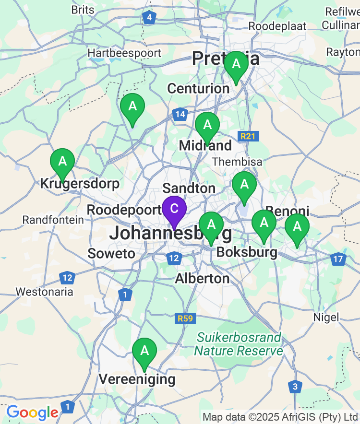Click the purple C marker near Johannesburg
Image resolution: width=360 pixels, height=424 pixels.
coord(174,209)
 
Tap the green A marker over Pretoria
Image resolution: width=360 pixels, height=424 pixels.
coord(236,64)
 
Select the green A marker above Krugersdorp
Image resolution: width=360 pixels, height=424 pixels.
coord(62,162)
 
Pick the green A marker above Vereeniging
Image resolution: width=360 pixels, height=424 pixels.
coord(144,351)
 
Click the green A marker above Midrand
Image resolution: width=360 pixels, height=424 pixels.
coord(207,125)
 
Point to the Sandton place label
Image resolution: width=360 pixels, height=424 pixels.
coord(189,188)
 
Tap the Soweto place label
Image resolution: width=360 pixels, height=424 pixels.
coord(111,253)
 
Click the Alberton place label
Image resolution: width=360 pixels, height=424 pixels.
coord(202,278)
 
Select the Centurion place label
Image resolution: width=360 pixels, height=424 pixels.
coord(198,88)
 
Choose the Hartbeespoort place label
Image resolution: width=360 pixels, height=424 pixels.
coord(124,53)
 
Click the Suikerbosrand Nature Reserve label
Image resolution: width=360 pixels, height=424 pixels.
coord(239,344)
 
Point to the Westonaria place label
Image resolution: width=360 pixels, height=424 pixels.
coord(45,292)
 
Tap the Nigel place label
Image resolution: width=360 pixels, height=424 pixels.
coord(326,317)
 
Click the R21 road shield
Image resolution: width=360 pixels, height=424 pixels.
coord(248,137)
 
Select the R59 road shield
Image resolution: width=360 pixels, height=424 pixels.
coord(185,318)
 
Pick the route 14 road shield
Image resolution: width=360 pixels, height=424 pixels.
coord(180,115)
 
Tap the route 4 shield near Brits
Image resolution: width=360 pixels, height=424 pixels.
coord(150,18)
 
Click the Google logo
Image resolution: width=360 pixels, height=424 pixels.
coord(32,412)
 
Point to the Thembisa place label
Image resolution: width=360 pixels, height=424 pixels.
coord(237,162)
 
